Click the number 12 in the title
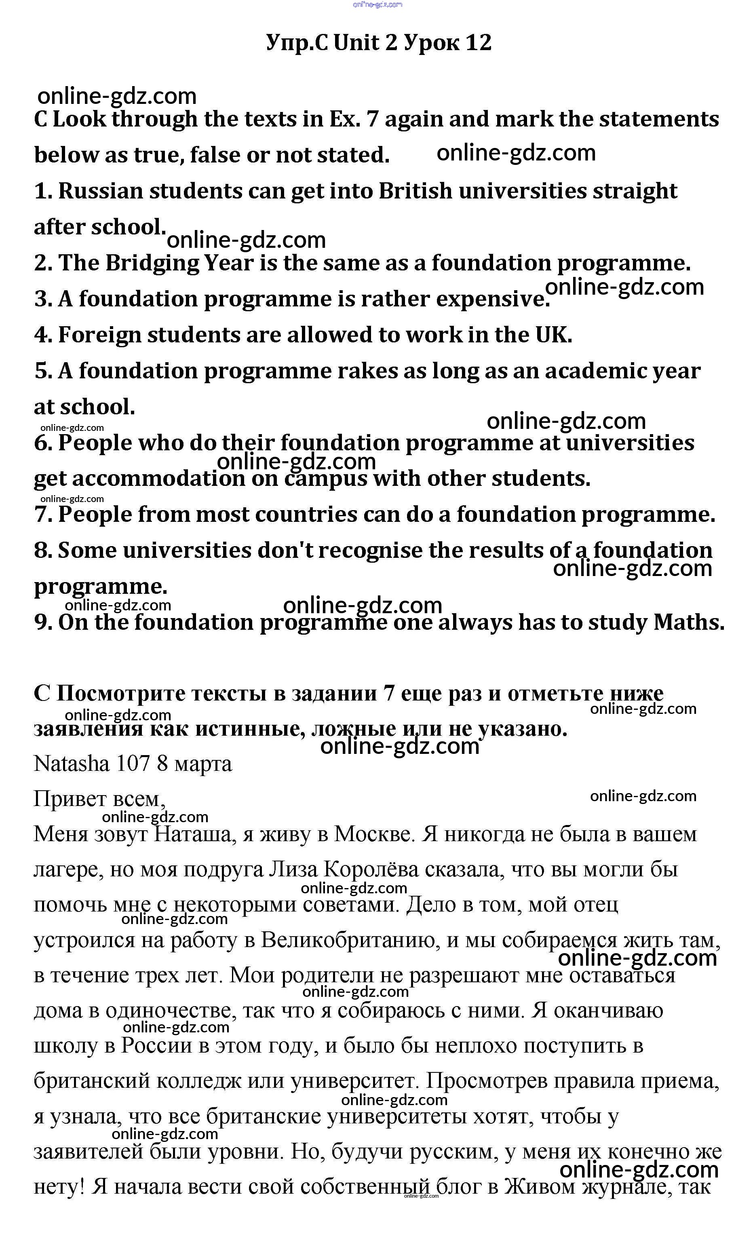coord(478,43)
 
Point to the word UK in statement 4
coord(553,335)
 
